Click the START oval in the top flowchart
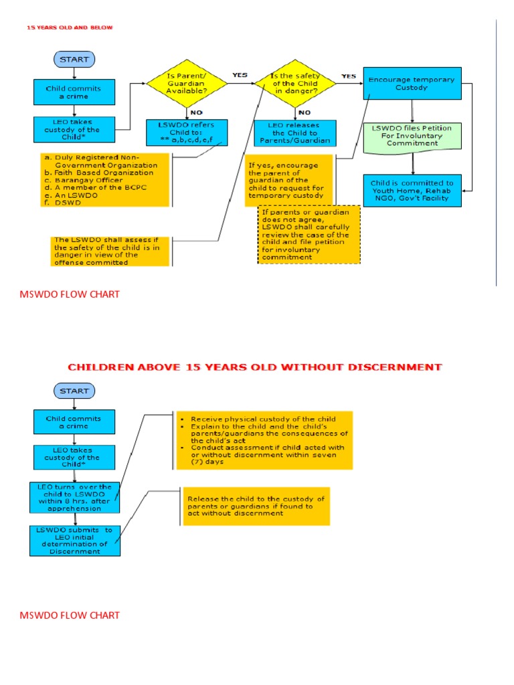click(x=74, y=60)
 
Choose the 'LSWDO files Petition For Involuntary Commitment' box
click(x=416, y=134)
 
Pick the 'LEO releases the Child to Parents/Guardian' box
click(x=294, y=132)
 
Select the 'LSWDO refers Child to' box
click(x=186, y=131)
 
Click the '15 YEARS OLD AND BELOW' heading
click(x=70, y=27)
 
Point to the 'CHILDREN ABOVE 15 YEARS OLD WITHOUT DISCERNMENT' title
click(x=255, y=367)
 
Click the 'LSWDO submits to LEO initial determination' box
click(x=74, y=540)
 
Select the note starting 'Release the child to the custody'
click(x=256, y=506)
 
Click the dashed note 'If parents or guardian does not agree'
click(x=309, y=234)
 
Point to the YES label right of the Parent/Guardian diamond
click(x=239, y=75)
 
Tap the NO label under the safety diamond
click(x=305, y=112)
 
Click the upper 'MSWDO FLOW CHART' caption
click(x=70, y=294)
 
